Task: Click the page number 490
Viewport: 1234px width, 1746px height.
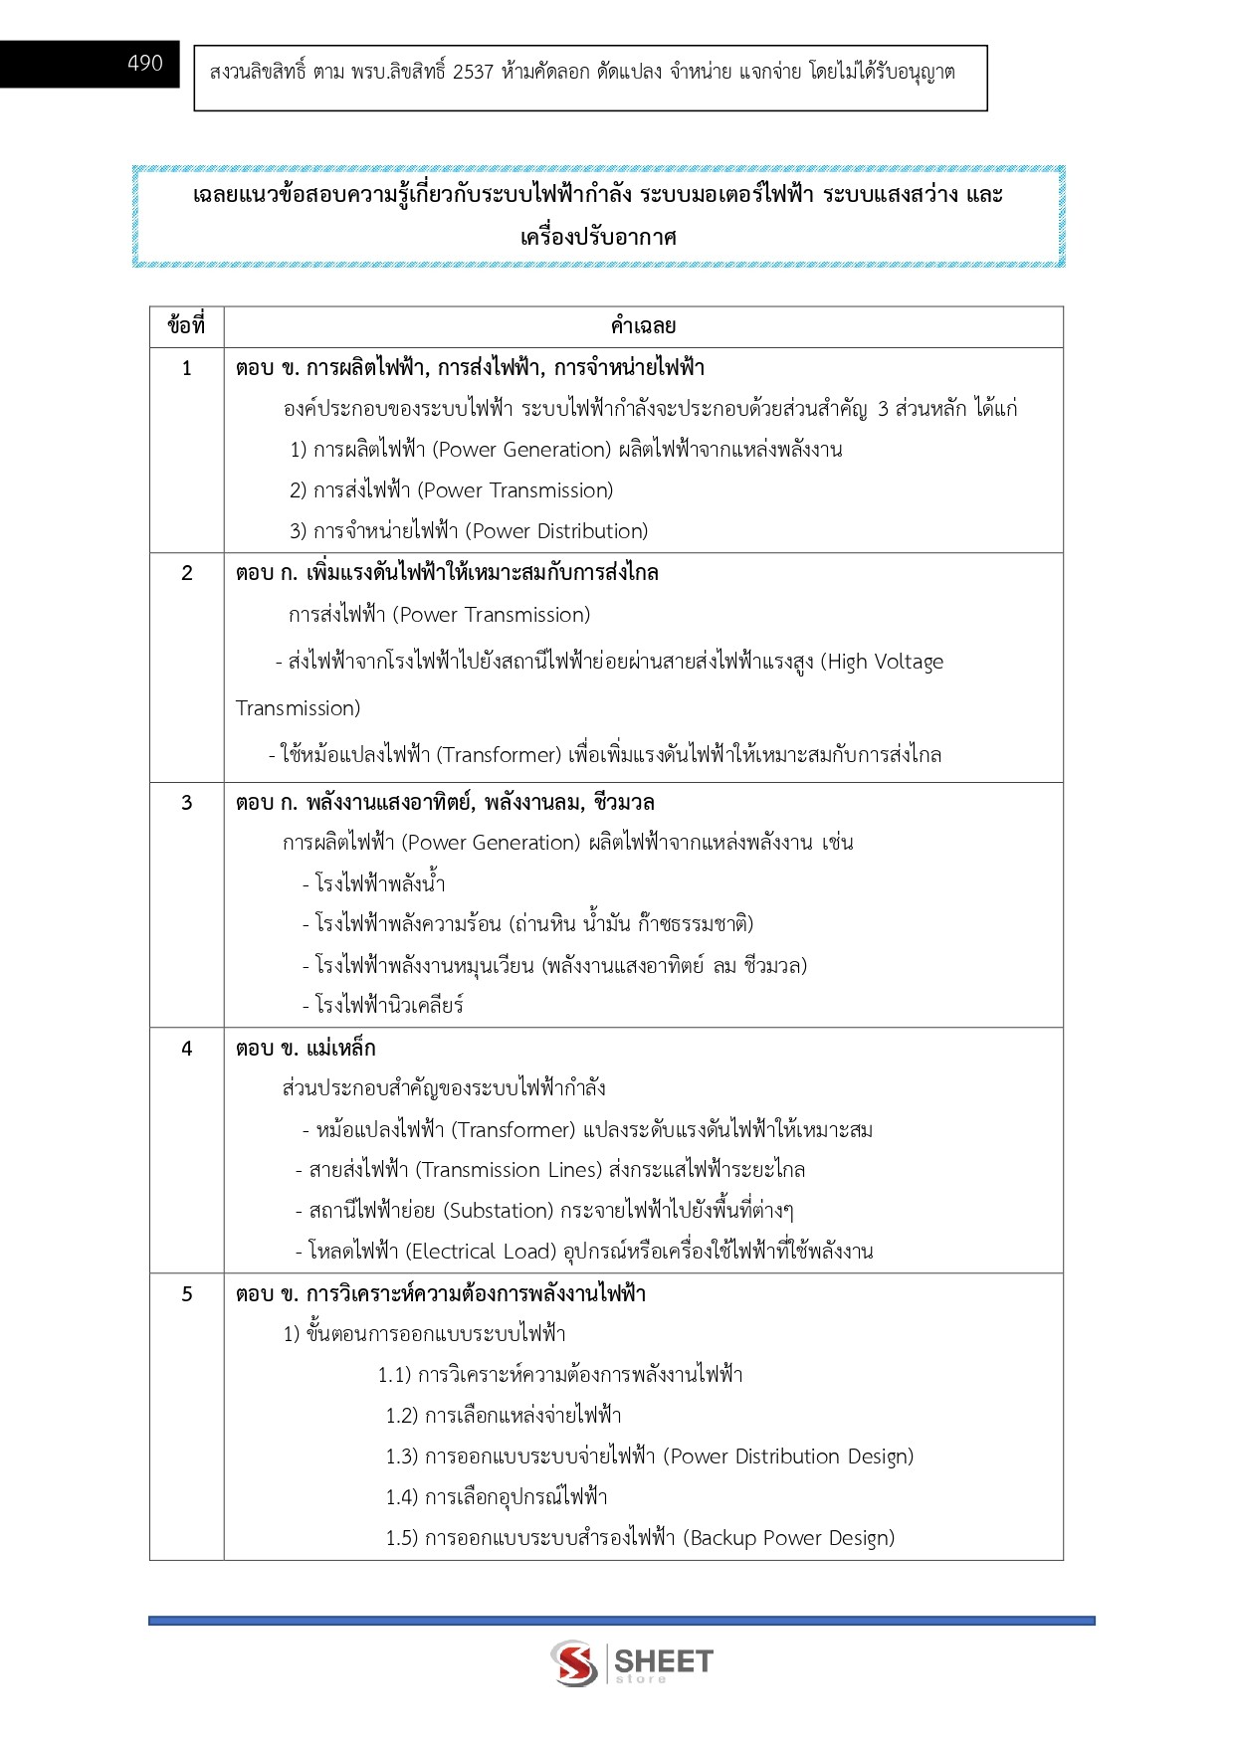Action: tap(145, 64)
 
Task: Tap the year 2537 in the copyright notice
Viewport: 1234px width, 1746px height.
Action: tap(473, 73)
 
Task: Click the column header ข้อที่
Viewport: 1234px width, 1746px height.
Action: tap(186, 326)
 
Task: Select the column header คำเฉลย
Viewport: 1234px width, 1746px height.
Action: tap(643, 326)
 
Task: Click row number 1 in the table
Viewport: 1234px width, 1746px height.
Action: tap(186, 369)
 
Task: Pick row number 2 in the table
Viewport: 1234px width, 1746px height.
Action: tap(186, 574)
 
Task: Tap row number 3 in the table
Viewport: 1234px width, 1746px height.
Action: tap(186, 803)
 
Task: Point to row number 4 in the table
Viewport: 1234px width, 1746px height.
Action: tap(186, 1049)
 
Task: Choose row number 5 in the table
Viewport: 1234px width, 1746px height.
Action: tap(186, 1294)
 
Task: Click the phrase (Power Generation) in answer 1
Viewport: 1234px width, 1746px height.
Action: tap(521, 450)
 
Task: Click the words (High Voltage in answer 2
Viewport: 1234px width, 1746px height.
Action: tap(882, 663)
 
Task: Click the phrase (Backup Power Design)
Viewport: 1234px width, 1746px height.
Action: tap(788, 1538)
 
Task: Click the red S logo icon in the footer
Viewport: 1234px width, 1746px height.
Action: tap(574, 1662)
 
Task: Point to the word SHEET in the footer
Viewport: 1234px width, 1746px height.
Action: tap(664, 1660)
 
